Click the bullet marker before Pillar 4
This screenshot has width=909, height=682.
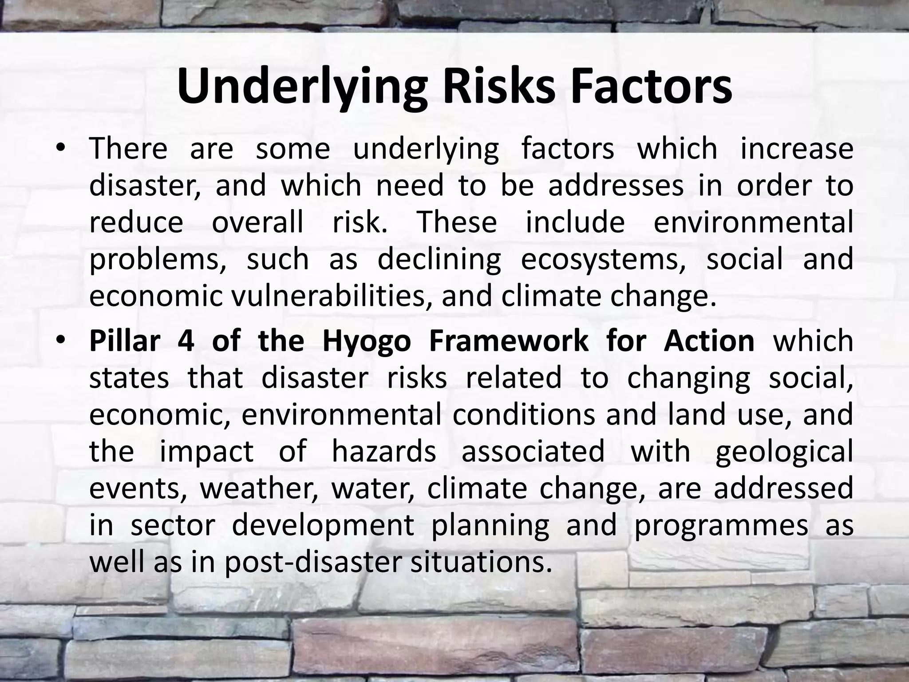tap(61, 341)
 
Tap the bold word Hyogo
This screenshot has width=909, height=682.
tap(367, 342)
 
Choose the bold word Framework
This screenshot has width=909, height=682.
tap(509, 341)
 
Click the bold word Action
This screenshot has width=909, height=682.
tap(709, 341)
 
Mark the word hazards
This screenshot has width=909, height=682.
tap(384, 451)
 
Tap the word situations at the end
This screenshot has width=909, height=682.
tap(482, 562)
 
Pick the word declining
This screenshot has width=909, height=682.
tap(439, 260)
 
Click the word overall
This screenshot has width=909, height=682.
tap(257, 222)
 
